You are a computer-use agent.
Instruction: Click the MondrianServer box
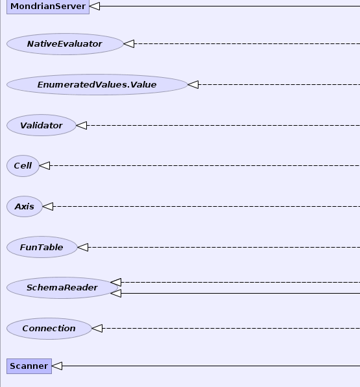click(48, 6)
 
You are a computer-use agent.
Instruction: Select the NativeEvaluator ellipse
click(65, 44)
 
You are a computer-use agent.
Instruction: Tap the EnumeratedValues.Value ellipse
click(97, 85)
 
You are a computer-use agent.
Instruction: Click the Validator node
click(42, 125)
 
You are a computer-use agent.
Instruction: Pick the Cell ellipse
click(23, 165)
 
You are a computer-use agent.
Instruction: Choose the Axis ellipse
click(25, 207)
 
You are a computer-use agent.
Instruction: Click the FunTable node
click(42, 247)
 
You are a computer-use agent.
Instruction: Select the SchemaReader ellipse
click(62, 288)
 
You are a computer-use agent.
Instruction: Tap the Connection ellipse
click(49, 329)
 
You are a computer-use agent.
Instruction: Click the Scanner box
click(29, 366)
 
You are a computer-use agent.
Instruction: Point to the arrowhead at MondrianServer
click(95, 6)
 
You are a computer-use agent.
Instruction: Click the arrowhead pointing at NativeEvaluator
click(128, 44)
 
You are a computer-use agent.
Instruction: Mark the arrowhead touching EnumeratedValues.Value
click(193, 85)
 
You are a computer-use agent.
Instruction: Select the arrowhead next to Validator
click(82, 125)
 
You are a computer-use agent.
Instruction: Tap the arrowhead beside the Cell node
click(45, 165)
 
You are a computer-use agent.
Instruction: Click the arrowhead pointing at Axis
click(47, 207)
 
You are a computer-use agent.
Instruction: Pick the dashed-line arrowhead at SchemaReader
click(116, 283)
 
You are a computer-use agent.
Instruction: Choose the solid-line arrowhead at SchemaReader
click(116, 294)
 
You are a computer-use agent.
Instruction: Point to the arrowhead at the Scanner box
click(57, 366)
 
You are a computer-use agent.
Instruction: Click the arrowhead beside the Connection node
click(97, 329)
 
